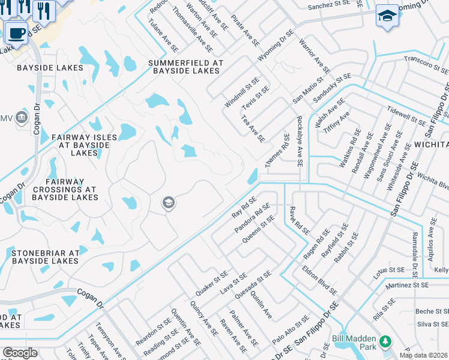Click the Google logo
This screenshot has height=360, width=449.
pos(20,353)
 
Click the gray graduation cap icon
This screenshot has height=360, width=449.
pos(169,203)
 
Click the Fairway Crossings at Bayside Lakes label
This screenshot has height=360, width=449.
pos(65,189)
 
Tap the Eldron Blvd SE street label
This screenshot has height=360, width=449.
pos(319,279)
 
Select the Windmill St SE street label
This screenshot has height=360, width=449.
pos(242,92)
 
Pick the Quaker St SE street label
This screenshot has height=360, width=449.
pos(211,283)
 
